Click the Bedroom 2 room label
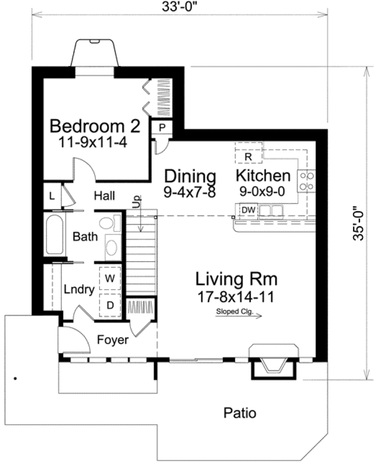tap(94, 126)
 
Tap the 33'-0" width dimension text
tap(180, 7)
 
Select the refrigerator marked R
tap(248, 152)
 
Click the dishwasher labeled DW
tap(248, 210)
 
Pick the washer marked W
tap(110, 278)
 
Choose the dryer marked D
tap(110, 305)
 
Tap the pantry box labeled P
tap(162, 128)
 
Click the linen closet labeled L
tap(52, 196)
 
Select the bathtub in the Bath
tap(55, 234)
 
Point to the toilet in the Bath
tap(109, 223)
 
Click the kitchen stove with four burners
tap(307, 181)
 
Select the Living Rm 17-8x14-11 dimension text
tap(236, 297)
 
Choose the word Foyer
tap(113, 340)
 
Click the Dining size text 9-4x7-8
tap(190, 192)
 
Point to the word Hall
tap(105, 196)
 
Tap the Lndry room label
tap(79, 289)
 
